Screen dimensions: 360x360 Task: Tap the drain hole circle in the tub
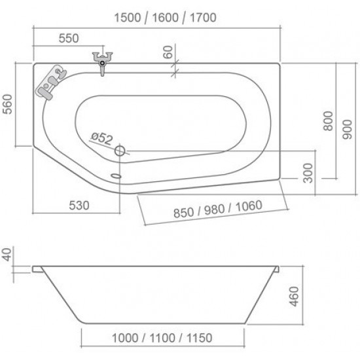click(120, 151)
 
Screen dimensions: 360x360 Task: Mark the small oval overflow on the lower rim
click(117, 175)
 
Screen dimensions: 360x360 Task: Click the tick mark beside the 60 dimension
click(173, 70)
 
